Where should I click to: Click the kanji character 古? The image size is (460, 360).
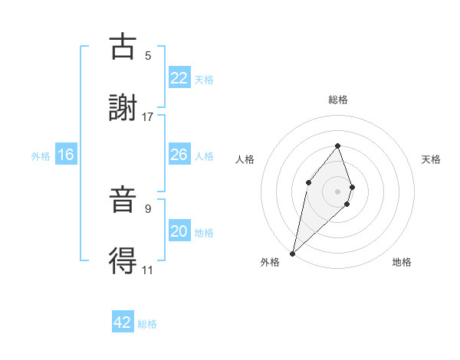pyautogui.click(x=123, y=47)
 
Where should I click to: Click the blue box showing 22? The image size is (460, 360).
pyautogui.click(x=179, y=77)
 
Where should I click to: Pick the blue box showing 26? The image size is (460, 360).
pyautogui.click(x=179, y=154)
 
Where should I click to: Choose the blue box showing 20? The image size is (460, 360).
pyautogui.click(x=179, y=231)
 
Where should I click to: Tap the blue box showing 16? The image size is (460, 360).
pyautogui.click(x=66, y=155)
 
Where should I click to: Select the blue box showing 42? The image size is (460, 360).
pyautogui.click(x=123, y=322)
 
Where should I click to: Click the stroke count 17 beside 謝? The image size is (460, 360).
pyautogui.click(x=148, y=117)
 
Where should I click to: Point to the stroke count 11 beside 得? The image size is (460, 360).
pyautogui.click(x=148, y=270)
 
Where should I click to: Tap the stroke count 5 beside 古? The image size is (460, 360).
pyautogui.click(x=148, y=56)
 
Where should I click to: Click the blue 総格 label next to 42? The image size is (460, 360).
pyautogui.click(x=148, y=324)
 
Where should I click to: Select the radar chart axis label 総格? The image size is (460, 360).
pyautogui.click(x=338, y=100)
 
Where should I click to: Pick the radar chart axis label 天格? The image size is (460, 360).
pyautogui.click(x=432, y=159)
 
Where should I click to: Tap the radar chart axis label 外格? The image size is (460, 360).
pyautogui.click(x=270, y=262)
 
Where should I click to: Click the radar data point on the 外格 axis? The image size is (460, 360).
pyautogui.click(x=293, y=253)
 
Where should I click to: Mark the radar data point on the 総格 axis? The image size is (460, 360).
pyautogui.click(x=338, y=146)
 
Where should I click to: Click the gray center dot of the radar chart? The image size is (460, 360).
pyautogui.click(x=338, y=191)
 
